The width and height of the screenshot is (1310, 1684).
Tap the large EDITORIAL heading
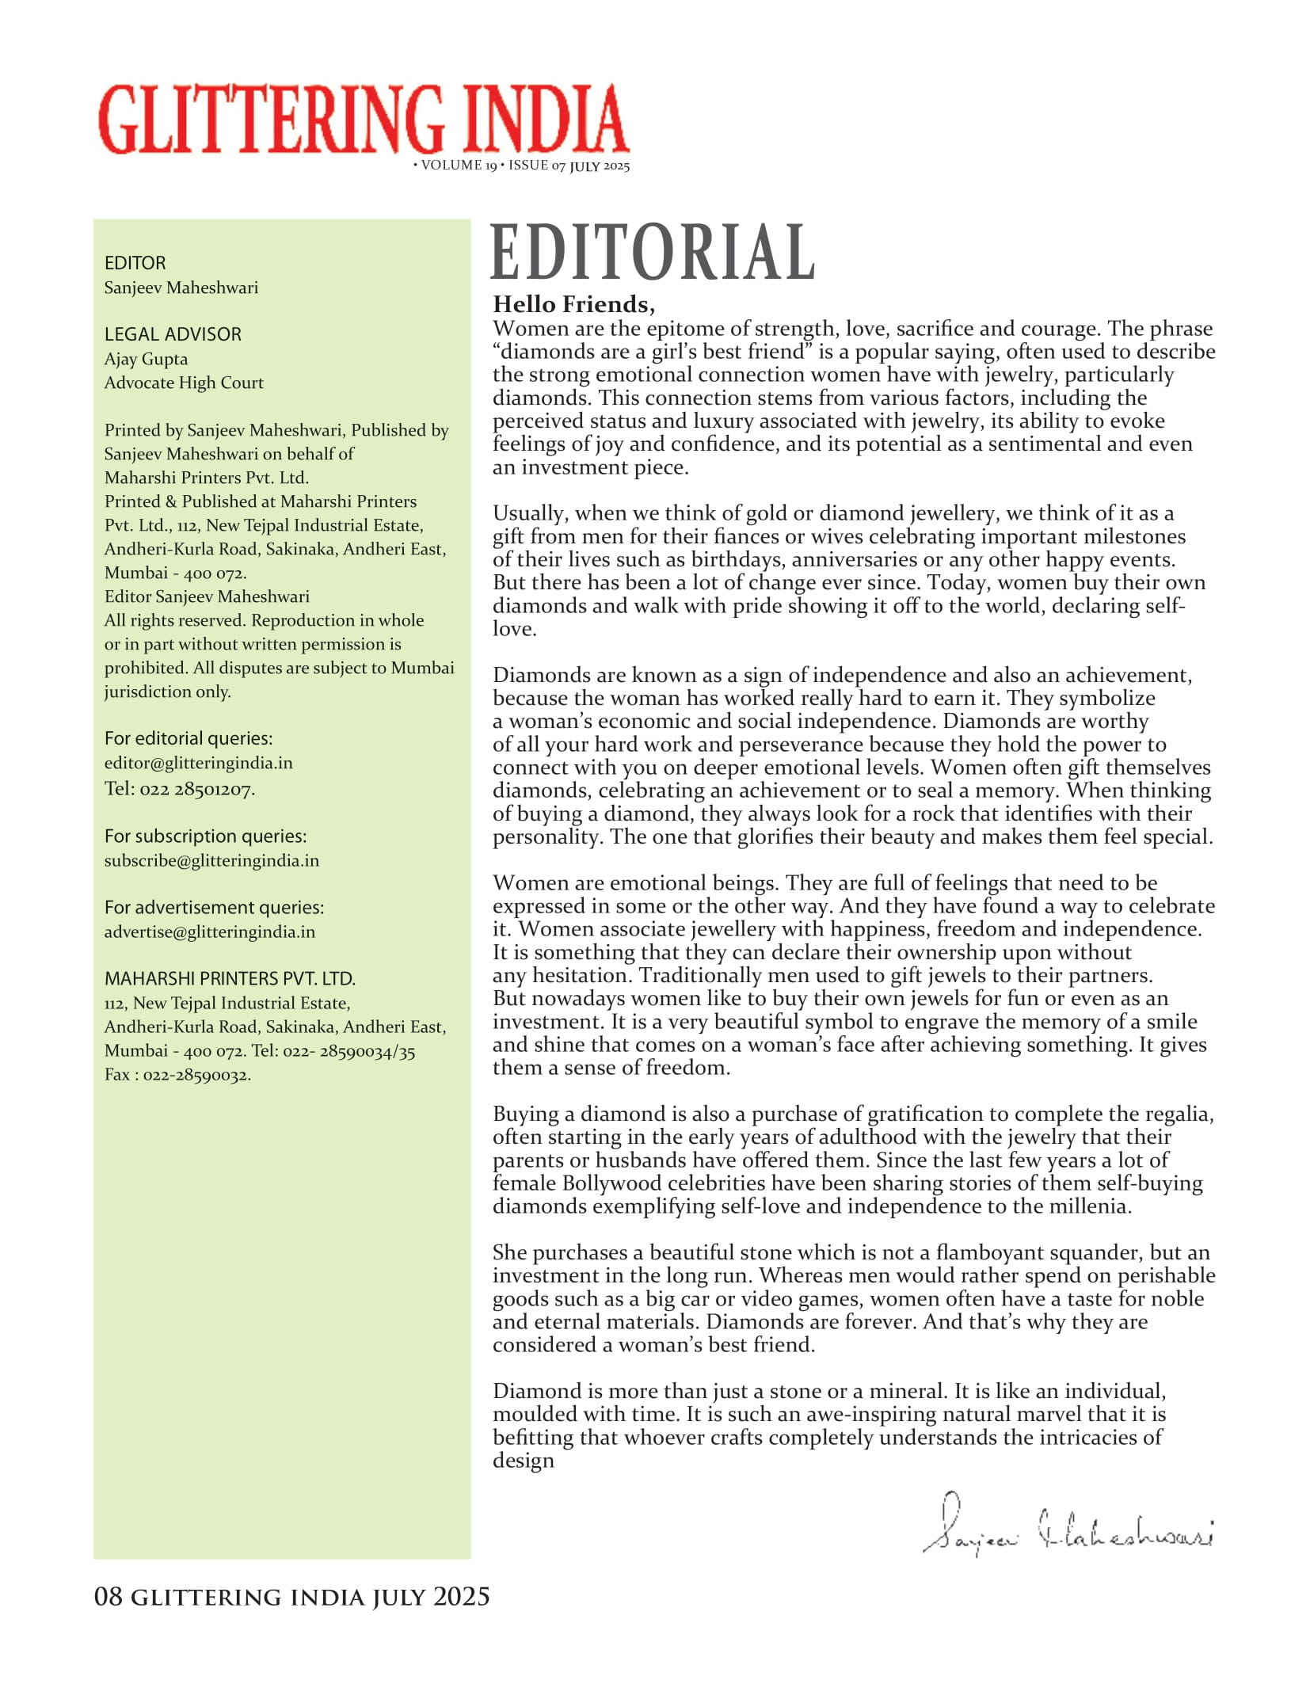(653, 252)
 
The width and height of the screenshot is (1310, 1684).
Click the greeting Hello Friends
(573, 304)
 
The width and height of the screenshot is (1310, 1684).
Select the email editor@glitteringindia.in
(198, 763)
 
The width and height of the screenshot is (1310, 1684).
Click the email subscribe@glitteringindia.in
(211, 860)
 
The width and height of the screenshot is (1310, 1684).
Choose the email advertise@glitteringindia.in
(209, 932)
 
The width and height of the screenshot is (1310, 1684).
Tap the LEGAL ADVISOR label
(173, 334)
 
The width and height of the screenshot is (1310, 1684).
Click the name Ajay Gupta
(146, 359)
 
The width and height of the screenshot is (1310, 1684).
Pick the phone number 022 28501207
(196, 789)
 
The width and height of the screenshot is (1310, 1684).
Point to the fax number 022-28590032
(196, 1075)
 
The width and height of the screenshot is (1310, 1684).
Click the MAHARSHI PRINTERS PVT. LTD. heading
(230, 978)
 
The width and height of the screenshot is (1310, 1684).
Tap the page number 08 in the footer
(109, 1596)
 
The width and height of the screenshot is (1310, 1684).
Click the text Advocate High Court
(184, 383)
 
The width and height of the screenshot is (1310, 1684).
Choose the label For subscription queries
(205, 836)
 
